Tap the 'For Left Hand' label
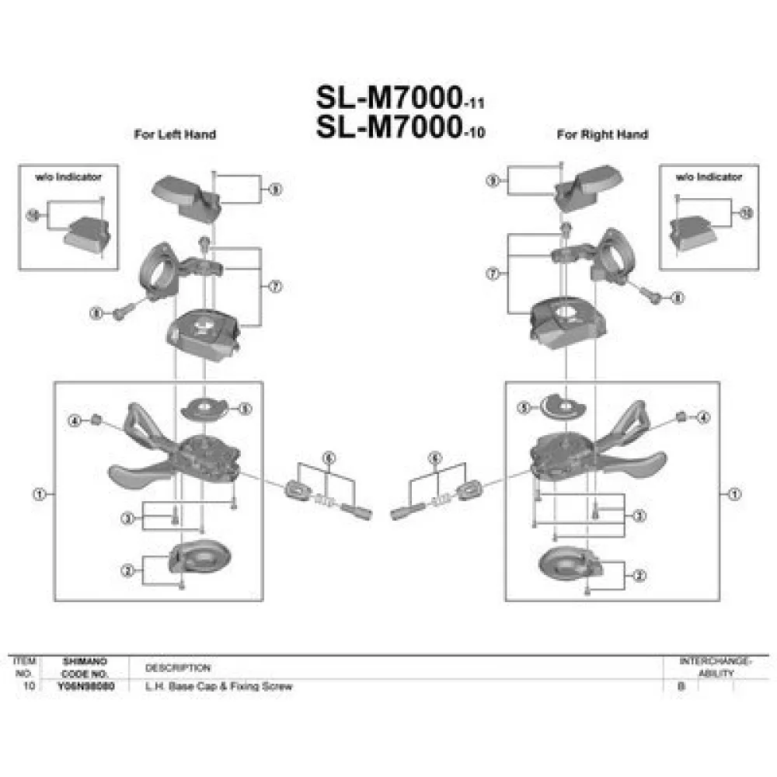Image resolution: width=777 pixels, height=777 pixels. pyautogui.click(x=175, y=134)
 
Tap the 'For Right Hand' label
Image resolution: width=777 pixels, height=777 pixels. pyautogui.click(x=602, y=134)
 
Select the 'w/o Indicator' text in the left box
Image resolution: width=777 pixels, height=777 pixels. pyautogui.click(x=68, y=177)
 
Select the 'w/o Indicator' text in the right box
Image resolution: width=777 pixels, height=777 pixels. pyautogui.click(x=708, y=177)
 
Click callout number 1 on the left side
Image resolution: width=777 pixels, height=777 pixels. pyautogui.click(x=38, y=493)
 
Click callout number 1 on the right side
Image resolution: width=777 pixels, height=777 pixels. pyautogui.click(x=736, y=493)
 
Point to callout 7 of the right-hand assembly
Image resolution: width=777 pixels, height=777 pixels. pyautogui.click(x=491, y=274)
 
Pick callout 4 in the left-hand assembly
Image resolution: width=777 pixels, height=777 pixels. pyautogui.click(x=75, y=421)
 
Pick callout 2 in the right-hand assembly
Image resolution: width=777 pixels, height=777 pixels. pyautogui.click(x=639, y=576)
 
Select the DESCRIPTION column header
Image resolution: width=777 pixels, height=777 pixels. pyautogui.click(x=178, y=667)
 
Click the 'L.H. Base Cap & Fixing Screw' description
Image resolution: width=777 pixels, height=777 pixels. pyautogui.click(x=219, y=687)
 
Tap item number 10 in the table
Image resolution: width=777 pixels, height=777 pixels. pyautogui.click(x=29, y=687)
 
